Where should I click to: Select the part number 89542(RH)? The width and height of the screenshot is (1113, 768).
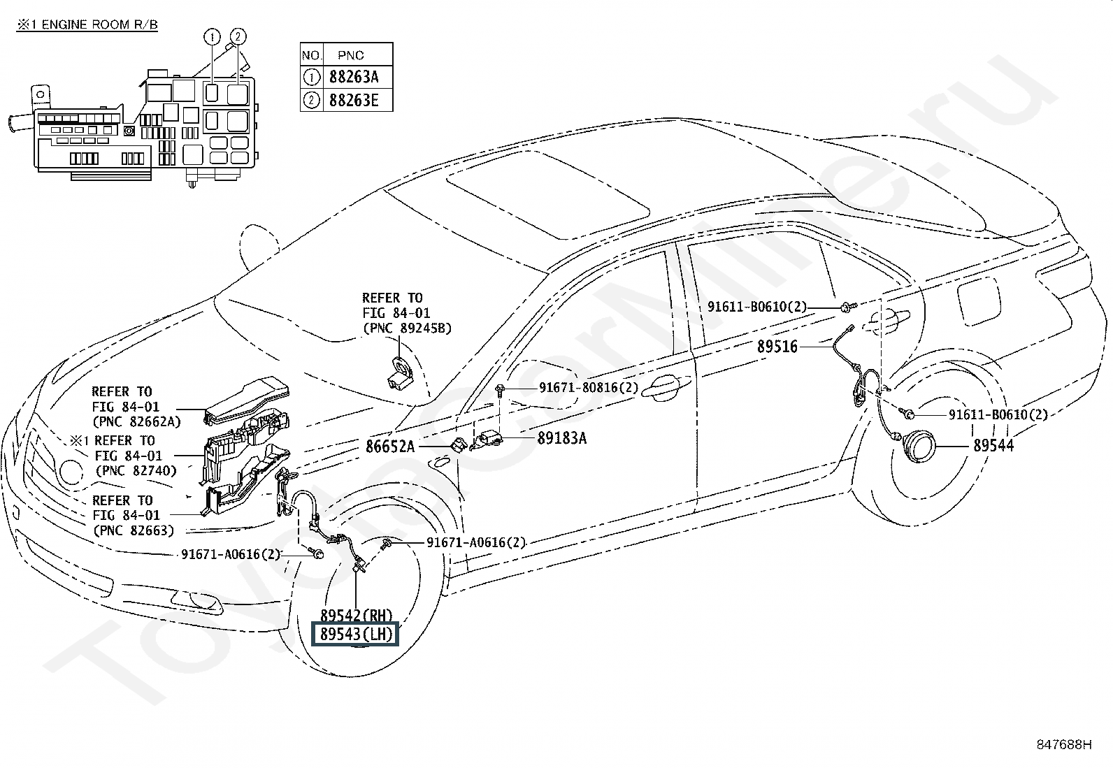pyautogui.click(x=356, y=616)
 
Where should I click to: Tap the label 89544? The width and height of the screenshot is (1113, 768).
pyautogui.click(x=993, y=446)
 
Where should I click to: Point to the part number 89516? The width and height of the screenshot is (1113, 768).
pyautogui.click(x=777, y=346)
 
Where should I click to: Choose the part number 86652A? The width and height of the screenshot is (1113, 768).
pyautogui.click(x=390, y=447)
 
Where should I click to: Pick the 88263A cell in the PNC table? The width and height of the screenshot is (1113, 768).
pyautogui.click(x=354, y=77)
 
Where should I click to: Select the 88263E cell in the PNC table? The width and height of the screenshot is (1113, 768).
pyautogui.click(x=354, y=101)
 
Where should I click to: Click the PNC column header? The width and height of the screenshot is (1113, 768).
pyautogui.click(x=351, y=55)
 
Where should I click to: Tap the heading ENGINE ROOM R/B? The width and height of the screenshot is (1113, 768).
pyautogui.click(x=99, y=24)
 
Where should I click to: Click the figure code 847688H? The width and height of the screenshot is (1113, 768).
pyautogui.click(x=1064, y=744)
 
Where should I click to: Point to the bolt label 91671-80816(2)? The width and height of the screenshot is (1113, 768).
pyautogui.click(x=588, y=387)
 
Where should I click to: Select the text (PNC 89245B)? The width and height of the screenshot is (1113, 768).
pyautogui.click(x=407, y=328)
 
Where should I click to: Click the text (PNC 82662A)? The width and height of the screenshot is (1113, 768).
pyautogui.click(x=136, y=422)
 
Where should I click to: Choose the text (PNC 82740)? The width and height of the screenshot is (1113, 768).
pyautogui.click(x=136, y=470)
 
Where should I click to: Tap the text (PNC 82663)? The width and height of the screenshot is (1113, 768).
pyautogui.click(x=134, y=530)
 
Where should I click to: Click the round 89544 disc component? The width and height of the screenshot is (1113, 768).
pyautogui.click(x=918, y=447)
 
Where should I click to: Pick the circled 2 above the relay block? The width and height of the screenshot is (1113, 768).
pyautogui.click(x=238, y=36)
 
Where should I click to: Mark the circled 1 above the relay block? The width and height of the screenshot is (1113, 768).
pyautogui.click(x=212, y=36)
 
